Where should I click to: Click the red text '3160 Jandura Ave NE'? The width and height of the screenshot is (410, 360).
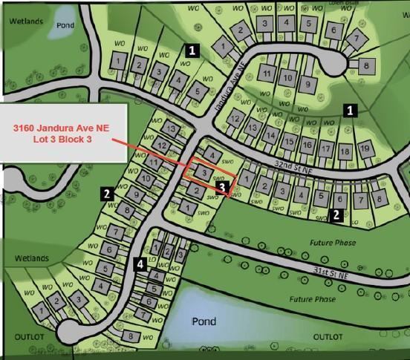pos(61,128)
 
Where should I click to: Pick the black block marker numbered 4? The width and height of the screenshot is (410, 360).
pos(140,264)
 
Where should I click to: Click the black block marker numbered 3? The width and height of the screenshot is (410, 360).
pos(222,188)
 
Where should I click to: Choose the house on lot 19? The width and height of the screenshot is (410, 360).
pos(364,149)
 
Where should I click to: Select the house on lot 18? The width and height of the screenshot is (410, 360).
pos(345,151)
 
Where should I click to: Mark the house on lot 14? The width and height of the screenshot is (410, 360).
pos(270,136)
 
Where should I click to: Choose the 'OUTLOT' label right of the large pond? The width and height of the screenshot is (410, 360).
pos(328,337)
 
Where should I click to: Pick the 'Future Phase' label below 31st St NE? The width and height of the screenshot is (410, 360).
pos(312,298)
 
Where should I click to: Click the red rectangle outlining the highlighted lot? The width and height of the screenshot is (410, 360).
pos(211,173)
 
